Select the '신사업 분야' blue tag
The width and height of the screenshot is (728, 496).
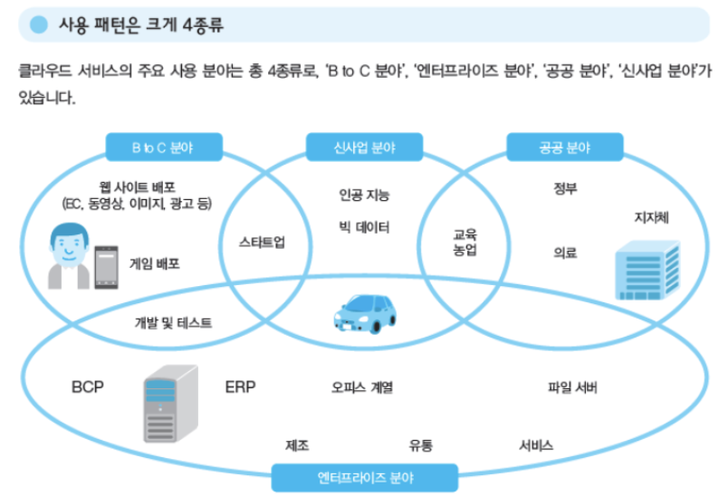click(364, 146)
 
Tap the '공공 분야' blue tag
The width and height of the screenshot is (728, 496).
click(565, 146)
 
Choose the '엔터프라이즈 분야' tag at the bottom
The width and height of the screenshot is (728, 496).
click(365, 477)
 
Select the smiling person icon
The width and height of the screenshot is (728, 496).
click(69, 256)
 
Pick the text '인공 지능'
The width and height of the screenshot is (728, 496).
click(364, 195)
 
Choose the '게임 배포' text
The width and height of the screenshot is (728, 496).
click(155, 264)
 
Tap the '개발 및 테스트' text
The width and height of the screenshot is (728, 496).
click(174, 321)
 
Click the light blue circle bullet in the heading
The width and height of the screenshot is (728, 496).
click(38, 24)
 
